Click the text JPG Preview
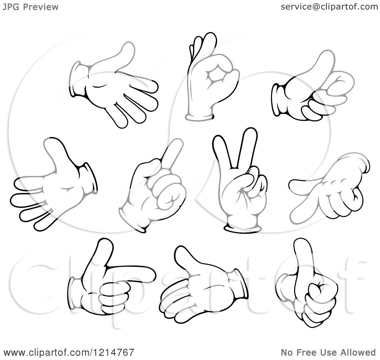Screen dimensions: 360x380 (31, 7)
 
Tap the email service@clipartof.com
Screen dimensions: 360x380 (329, 7)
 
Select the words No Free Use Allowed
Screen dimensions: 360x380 (328, 352)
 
